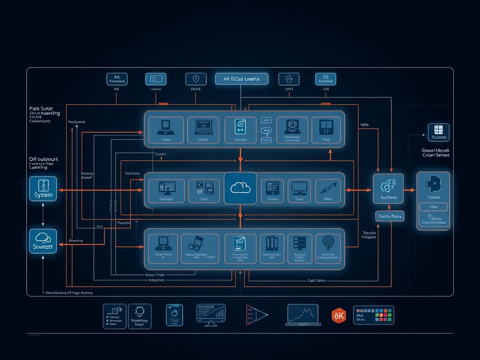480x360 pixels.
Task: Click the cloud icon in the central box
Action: [x=240, y=187]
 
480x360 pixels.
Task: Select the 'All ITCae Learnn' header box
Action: [x=242, y=79]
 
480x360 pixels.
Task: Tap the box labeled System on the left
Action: [x=43, y=189]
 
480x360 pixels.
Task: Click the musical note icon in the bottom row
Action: [x=195, y=242]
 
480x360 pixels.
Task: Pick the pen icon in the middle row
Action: [x=327, y=188]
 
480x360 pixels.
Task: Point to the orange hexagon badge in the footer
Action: [x=338, y=315]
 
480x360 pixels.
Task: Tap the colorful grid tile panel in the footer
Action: [x=373, y=315]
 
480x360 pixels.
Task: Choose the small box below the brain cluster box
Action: [x=390, y=216]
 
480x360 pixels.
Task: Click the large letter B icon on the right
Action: [x=433, y=184]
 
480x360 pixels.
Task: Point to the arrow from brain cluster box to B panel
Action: [x=409, y=190]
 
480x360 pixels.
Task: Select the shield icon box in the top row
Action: [x=196, y=79]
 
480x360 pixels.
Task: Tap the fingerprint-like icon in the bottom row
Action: [x=328, y=242]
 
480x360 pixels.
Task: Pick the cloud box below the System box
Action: [x=43, y=241]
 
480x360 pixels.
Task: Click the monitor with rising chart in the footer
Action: [x=211, y=314]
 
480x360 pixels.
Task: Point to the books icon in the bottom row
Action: [x=272, y=243]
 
